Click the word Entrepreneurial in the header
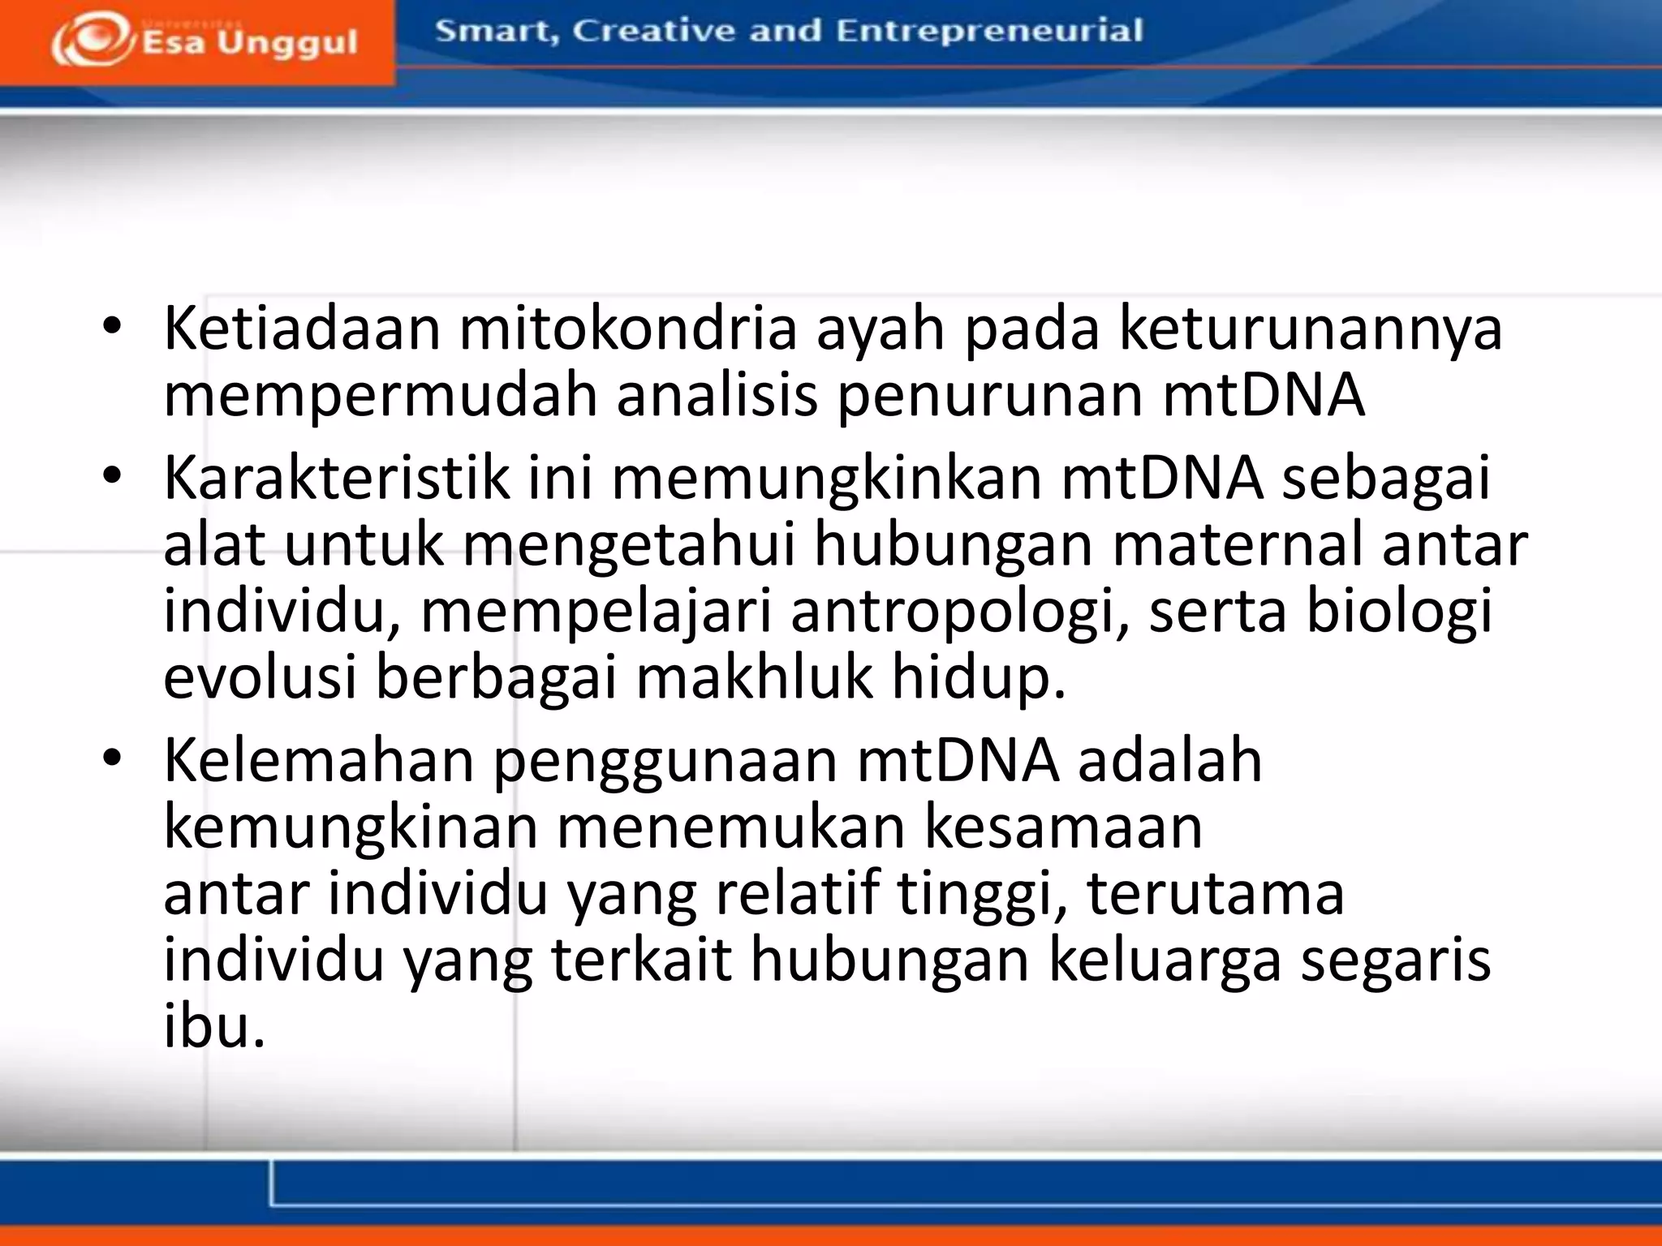[x=989, y=31]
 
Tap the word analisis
[x=717, y=395]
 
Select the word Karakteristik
[x=337, y=478]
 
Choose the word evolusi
[x=260, y=677]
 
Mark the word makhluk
[x=754, y=677]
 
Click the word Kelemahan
[x=318, y=760]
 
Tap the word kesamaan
[x=1064, y=827]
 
